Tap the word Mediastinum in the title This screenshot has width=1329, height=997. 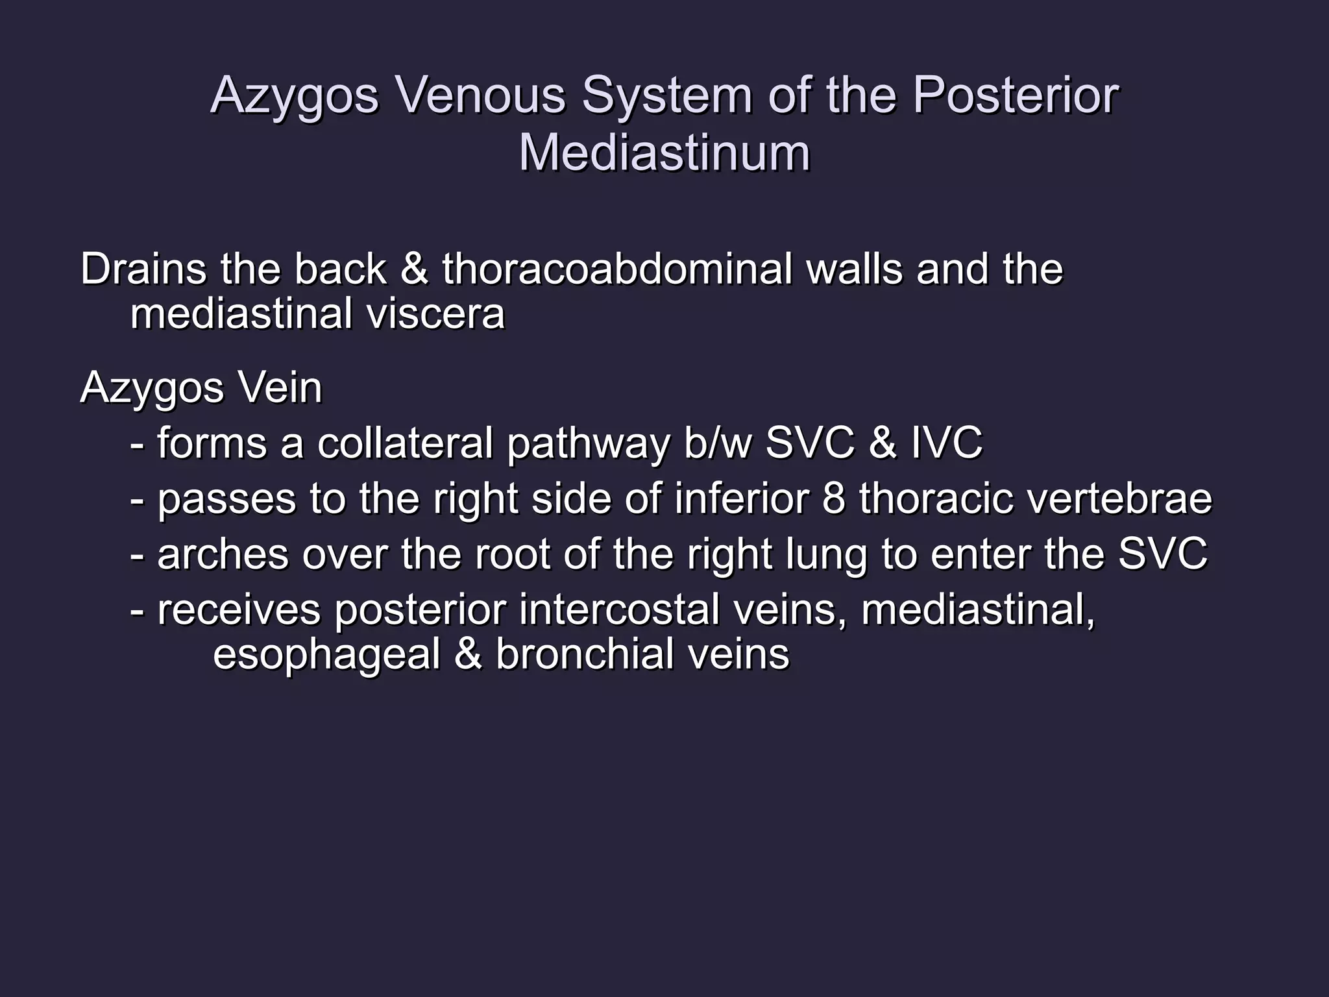[664, 153]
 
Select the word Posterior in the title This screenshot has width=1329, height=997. [1016, 95]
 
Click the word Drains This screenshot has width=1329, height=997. [143, 269]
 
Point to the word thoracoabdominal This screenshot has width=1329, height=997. [616, 269]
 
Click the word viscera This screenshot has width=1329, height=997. [435, 314]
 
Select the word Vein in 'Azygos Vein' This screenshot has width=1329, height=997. [280, 388]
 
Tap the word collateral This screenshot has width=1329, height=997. [405, 443]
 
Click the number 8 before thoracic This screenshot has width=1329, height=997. [833, 499]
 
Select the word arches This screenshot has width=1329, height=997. [223, 555]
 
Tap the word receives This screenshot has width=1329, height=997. [239, 610]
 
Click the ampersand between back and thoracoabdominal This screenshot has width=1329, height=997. [414, 269]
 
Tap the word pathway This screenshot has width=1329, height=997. [587, 445]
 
